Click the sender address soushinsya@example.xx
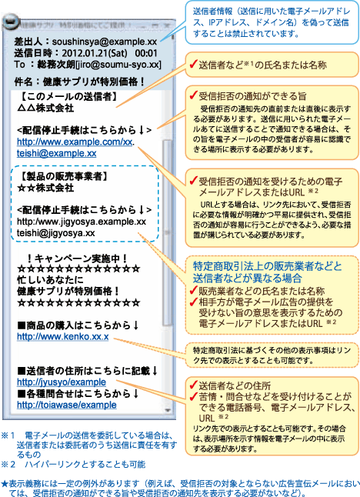[105, 42]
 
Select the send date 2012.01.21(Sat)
[95, 53]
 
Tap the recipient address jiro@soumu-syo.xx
[118, 65]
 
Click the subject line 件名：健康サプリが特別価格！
[79, 82]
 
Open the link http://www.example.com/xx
[75, 142]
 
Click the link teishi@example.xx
[56, 153]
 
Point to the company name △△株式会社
[45, 108]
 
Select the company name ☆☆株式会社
[45, 188]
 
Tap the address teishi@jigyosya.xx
[56, 233]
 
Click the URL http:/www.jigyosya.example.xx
[82, 222]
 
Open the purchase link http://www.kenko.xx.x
[63, 337]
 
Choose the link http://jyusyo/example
[62, 382]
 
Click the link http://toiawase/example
[67, 405]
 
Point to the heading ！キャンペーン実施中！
[78, 259]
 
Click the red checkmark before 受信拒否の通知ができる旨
[193, 95]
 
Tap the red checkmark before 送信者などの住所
[193, 385]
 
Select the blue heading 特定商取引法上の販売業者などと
[268, 266]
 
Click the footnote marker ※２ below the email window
[8, 465]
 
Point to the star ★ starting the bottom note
[5, 484]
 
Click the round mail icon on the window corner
[11, 22]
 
